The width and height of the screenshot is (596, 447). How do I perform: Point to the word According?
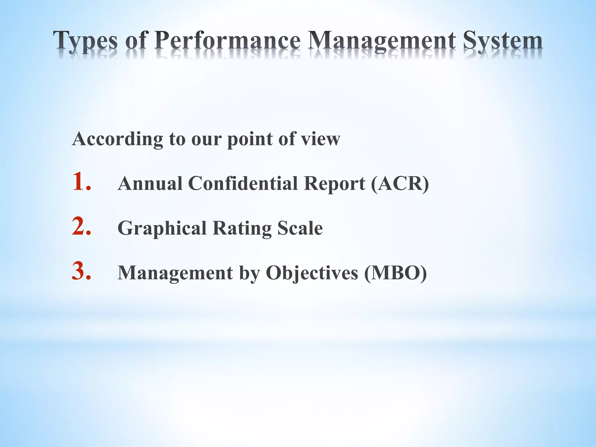(x=118, y=139)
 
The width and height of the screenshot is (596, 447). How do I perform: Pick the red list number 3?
(x=81, y=271)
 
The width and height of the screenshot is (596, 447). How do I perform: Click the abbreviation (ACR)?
(x=400, y=184)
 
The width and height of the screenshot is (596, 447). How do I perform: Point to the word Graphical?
(x=162, y=229)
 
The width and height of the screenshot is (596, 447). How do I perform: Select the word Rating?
(x=242, y=229)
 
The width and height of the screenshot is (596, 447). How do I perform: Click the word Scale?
(x=300, y=228)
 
